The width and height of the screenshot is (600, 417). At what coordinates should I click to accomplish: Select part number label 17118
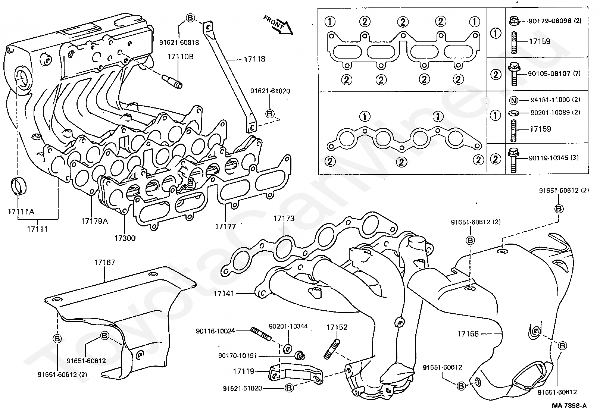click(x=254, y=59)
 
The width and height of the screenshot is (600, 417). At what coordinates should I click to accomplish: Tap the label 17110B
click(x=180, y=57)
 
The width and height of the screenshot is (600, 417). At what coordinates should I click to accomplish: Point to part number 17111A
click(x=21, y=212)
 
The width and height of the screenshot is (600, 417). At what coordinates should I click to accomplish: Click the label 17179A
click(x=94, y=221)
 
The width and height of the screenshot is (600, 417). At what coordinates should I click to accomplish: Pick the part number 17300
click(x=125, y=238)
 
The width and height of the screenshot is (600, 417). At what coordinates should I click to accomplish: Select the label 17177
click(x=225, y=226)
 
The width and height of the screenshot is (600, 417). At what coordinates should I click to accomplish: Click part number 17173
click(x=284, y=219)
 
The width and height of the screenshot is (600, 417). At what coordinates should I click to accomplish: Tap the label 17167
click(x=104, y=263)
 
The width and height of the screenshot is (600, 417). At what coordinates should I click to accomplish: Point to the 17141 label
click(x=224, y=294)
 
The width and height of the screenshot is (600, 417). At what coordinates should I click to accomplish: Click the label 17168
click(x=468, y=334)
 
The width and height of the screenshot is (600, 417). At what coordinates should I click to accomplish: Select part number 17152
click(x=337, y=327)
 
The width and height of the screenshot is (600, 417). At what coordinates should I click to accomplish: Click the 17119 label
click(x=244, y=371)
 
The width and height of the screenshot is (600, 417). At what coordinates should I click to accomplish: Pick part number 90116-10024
click(x=215, y=331)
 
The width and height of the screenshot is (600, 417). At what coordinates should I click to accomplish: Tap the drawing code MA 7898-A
click(x=569, y=405)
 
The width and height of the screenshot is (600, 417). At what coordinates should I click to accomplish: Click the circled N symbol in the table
click(x=513, y=101)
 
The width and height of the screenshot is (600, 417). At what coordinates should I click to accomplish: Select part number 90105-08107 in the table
click(x=549, y=73)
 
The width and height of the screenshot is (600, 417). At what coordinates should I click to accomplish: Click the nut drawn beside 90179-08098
click(x=514, y=21)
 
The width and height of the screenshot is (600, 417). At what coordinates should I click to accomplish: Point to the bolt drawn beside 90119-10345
click(x=513, y=160)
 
